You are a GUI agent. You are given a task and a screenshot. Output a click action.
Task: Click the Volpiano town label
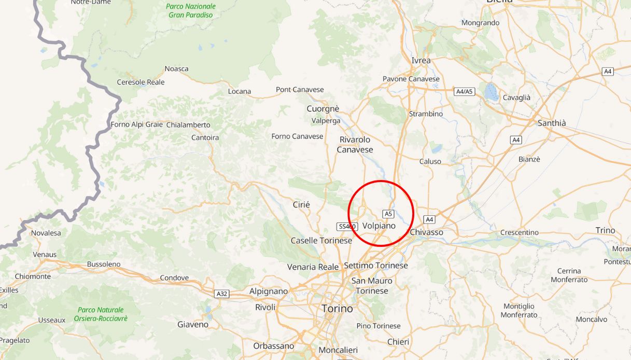pyautogui.click(x=378, y=226)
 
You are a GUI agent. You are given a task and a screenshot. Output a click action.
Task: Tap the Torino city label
pyautogui.click(x=337, y=309)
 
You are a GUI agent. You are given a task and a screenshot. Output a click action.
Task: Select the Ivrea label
pyautogui.click(x=421, y=60)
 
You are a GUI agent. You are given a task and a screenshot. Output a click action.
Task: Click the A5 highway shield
pyautogui.click(x=388, y=214)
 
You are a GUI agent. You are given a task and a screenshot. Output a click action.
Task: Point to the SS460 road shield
pyautogui.click(x=346, y=227)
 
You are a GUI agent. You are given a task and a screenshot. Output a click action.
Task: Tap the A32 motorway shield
pyautogui.click(x=222, y=294)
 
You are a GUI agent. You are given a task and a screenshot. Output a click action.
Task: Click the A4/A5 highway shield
pyautogui.click(x=464, y=91)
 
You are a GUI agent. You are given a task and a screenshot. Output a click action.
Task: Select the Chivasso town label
pyautogui.click(x=426, y=232)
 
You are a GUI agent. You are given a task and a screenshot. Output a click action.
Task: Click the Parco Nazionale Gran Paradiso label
pyautogui.click(x=191, y=10)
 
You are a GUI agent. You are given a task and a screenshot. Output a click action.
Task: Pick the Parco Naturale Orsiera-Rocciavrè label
pyautogui.click(x=101, y=314)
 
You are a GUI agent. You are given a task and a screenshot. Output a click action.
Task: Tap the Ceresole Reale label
pyautogui.click(x=141, y=82)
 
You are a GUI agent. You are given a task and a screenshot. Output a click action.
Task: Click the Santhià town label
pyautogui.click(x=552, y=123)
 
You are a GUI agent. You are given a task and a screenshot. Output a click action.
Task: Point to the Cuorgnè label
pyautogui.click(x=322, y=108)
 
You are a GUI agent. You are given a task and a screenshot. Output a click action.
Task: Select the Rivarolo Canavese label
pyautogui.click(x=355, y=145)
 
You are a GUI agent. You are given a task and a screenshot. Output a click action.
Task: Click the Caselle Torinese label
pyautogui.click(x=321, y=241)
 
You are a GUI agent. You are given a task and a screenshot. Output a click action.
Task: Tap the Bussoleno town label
pyautogui.click(x=104, y=264)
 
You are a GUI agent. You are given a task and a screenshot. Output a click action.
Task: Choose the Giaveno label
pyautogui.click(x=193, y=325)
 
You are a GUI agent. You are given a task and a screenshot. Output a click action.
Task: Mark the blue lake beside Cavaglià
pyautogui.click(x=491, y=92)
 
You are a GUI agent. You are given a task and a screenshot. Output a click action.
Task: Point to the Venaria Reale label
pyautogui.click(x=313, y=267)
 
